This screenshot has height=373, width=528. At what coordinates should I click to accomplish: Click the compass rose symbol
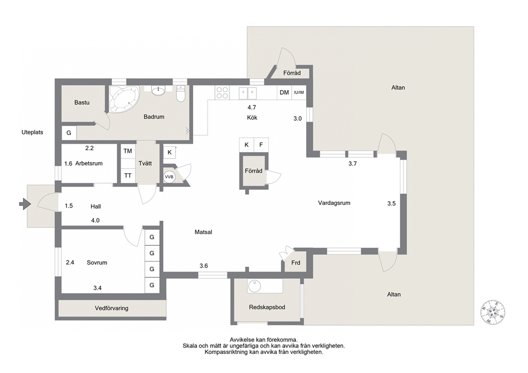click(x=493, y=312)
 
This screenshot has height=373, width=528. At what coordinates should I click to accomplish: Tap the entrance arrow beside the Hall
click(x=25, y=204)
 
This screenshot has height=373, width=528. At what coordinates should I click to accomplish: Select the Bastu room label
click(x=82, y=102)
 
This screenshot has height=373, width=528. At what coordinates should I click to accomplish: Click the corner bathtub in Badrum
click(x=124, y=98)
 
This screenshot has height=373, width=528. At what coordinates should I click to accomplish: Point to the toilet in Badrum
click(x=181, y=93)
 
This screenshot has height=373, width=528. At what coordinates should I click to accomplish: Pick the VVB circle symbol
click(x=169, y=177)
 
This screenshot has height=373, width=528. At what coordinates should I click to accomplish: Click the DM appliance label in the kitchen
click(x=284, y=92)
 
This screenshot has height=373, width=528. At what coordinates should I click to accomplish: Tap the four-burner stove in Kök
click(x=222, y=93)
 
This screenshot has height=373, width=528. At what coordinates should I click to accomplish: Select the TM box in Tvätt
click(x=128, y=151)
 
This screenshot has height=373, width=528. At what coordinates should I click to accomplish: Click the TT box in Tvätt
click(x=128, y=176)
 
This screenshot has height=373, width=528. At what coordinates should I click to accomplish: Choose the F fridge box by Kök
click(x=261, y=145)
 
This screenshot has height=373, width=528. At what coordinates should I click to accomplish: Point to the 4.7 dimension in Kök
click(x=252, y=107)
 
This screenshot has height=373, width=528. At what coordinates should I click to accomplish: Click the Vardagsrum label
click(x=334, y=203)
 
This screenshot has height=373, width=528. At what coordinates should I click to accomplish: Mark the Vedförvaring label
click(x=111, y=308)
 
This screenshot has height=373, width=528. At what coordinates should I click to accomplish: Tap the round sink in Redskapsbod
click(x=254, y=286)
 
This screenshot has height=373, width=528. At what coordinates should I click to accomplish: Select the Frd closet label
click(x=295, y=262)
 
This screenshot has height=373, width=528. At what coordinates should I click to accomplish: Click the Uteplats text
click(x=32, y=132)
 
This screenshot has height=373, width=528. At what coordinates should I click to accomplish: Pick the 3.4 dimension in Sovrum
click(x=97, y=288)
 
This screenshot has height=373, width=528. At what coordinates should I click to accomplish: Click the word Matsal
click(x=203, y=232)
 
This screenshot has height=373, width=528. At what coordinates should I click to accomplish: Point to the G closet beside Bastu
click(x=69, y=132)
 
